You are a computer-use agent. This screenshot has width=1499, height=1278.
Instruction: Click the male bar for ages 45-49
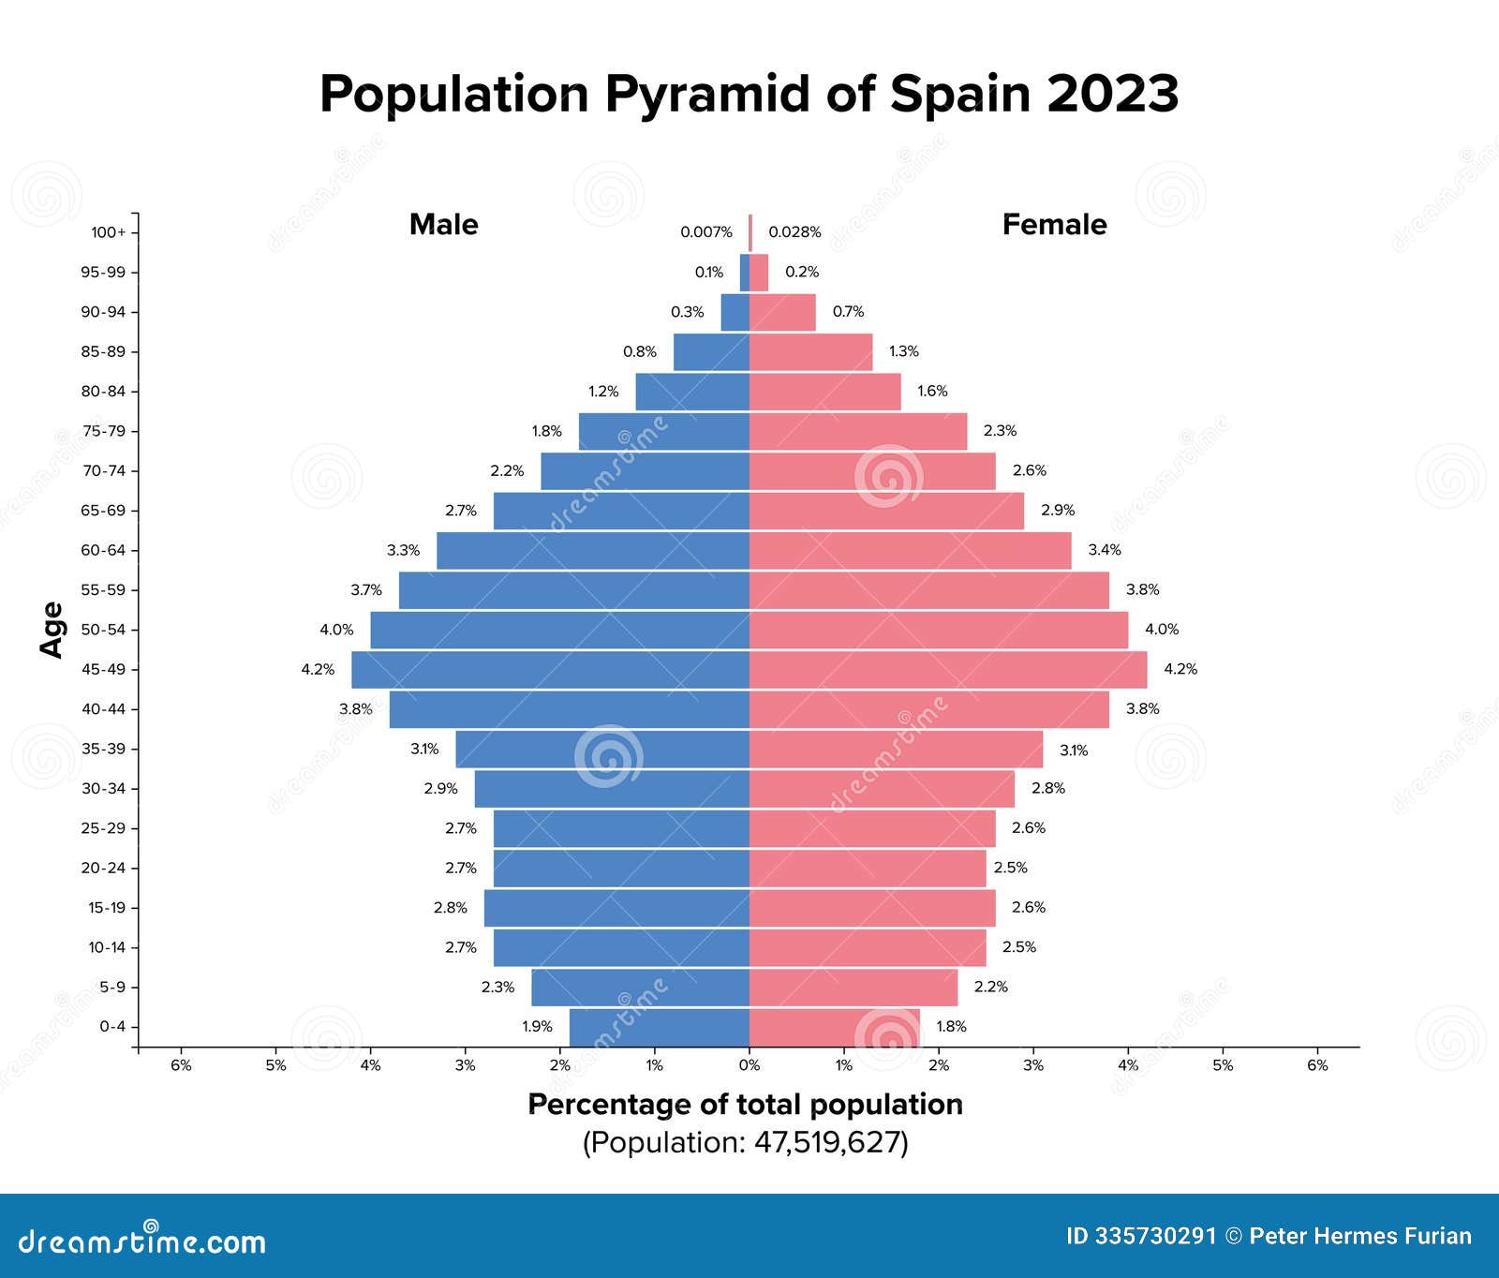click(551, 670)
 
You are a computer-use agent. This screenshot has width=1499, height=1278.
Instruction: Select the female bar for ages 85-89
click(810, 352)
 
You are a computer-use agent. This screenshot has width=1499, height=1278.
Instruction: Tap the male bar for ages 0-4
click(659, 1027)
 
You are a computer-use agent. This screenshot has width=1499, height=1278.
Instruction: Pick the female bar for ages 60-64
click(910, 551)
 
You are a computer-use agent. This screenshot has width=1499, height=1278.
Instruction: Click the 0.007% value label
click(706, 232)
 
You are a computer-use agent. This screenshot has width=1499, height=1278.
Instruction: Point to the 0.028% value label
click(794, 232)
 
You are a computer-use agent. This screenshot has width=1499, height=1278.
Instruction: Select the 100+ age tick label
click(108, 232)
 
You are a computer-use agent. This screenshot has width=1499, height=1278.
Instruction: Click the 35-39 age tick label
click(103, 749)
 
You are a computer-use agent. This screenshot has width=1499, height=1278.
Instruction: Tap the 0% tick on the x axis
click(749, 1065)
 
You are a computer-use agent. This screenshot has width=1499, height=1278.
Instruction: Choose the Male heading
click(443, 225)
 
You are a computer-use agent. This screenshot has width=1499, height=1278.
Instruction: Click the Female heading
click(1054, 225)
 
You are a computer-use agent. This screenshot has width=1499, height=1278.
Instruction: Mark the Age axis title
click(52, 630)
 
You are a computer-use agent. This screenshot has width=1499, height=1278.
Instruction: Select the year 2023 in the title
click(1112, 94)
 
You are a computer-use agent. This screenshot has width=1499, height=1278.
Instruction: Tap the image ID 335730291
click(1140, 1237)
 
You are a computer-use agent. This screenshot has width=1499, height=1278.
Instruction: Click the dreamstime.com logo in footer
click(142, 1241)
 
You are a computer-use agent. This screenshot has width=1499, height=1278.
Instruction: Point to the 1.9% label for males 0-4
click(538, 1027)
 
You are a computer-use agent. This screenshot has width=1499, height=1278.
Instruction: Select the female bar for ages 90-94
click(782, 312)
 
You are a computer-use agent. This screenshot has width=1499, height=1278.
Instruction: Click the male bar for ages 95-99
click(745, 273)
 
